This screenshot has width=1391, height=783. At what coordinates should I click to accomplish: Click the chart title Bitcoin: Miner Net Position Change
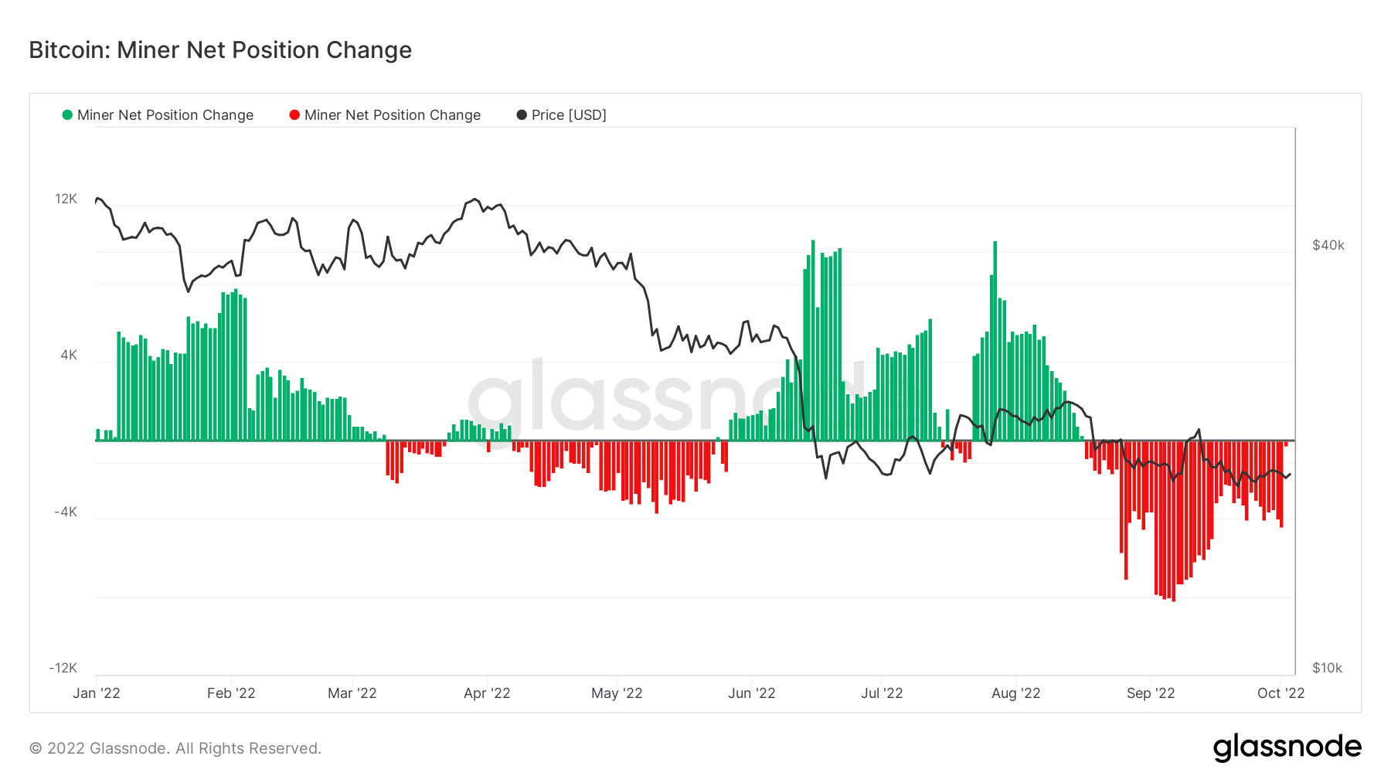[220, 50]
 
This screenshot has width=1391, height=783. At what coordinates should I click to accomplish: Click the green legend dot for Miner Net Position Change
[67, 115]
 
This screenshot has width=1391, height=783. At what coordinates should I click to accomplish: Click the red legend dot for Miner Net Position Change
[294, 115]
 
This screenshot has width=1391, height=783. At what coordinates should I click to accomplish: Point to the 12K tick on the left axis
[66, 199]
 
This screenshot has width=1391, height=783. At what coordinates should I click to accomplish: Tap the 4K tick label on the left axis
[69, 356]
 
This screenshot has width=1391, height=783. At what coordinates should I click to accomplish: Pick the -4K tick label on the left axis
[66, 512]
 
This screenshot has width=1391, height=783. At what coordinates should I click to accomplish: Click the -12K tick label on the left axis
[63, 668]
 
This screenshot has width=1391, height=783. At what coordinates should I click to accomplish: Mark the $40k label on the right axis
[1328, 245]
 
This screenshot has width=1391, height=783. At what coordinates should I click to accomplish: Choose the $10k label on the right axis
[1327, 668]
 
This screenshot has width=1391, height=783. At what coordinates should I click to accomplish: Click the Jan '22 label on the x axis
[97, 693]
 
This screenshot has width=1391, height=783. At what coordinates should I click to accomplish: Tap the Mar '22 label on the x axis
[352, 693]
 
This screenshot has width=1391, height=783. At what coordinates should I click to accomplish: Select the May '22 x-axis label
[617, 693]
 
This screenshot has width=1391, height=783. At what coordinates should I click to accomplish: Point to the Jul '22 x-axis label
[882, 693]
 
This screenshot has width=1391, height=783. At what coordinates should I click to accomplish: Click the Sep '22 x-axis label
[1151, 693]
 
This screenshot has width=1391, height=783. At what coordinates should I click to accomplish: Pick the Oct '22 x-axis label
[1280, 693]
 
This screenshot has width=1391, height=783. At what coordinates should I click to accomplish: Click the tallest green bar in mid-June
[813, 340]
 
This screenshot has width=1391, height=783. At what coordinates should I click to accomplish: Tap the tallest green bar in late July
[995, 340]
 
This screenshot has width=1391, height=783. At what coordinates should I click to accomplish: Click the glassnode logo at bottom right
[1287, 747]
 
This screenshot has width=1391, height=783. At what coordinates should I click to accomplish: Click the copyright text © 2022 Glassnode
[175, 748]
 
